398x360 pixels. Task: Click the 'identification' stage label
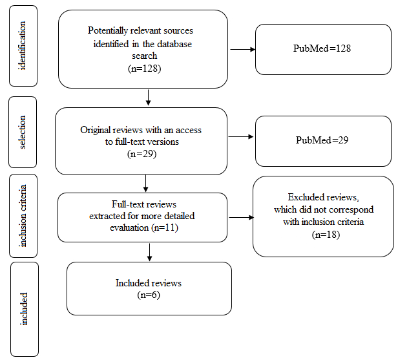23,45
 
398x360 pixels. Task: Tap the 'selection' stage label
23,132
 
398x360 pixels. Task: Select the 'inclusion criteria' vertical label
23,215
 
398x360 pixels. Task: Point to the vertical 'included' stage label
24,309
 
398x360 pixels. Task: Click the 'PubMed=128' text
322,48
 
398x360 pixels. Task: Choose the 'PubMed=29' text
322,140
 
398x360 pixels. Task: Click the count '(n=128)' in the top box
145,69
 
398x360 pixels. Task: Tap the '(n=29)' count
141,154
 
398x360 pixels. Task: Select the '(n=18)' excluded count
326,235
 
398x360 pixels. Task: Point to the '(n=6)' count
149,295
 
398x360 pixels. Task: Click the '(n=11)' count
165,228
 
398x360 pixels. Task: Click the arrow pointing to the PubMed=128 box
242,49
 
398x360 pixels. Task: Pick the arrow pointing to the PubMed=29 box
241,136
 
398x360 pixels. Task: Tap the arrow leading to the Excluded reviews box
242,217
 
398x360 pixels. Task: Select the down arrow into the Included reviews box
149,252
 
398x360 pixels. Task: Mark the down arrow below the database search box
148,97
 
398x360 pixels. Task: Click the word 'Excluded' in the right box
304,197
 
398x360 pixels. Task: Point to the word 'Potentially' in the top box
108,31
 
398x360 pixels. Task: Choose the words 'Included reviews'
149,283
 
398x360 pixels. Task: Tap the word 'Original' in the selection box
95,131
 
